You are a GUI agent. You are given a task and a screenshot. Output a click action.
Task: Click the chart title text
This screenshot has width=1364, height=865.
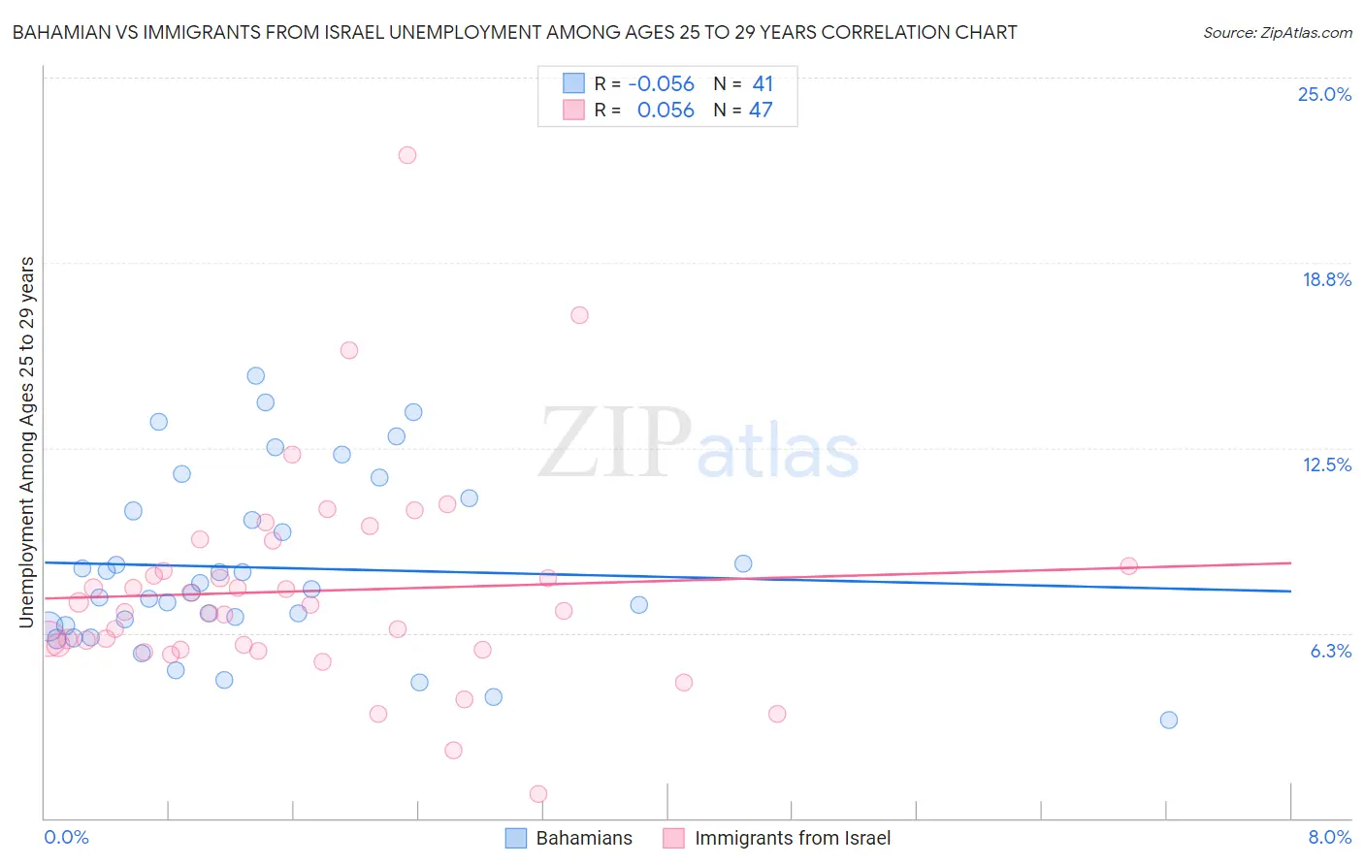click(x=514, y=32)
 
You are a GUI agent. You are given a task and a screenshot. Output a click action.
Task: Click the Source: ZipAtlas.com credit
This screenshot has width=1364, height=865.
click(x=1277, y=32)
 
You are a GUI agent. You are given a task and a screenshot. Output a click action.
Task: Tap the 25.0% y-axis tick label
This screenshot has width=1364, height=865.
click(x=1324, y=94)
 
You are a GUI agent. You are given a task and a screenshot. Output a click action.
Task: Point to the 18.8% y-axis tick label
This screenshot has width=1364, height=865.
click(x=1326, y=279)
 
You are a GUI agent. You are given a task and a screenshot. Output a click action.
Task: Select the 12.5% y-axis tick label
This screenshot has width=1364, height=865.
click(x=1326, y=465)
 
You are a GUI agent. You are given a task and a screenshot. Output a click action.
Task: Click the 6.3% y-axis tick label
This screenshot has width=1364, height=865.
click(x=1330, y=651)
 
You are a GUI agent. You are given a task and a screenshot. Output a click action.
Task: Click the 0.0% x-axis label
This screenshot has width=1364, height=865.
click(x=66, y=837)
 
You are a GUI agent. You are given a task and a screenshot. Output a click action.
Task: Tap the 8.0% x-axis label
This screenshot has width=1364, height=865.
click(x=1329, y=837)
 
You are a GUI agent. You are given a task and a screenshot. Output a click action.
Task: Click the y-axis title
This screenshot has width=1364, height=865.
click(x=27, y=442)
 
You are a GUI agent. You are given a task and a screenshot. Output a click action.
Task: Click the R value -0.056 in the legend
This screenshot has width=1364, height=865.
click(x=661, y=84)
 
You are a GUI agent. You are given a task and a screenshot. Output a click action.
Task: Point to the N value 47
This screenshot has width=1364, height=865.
click(x=761, y=110)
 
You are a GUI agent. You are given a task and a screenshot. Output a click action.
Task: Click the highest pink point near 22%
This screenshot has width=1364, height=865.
click(x=407, y=155)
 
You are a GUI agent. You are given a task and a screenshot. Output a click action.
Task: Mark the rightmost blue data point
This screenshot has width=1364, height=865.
click(x=1169, y=720)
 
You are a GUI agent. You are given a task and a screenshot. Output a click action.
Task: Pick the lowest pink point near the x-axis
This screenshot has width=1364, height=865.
click(x=538, y=793)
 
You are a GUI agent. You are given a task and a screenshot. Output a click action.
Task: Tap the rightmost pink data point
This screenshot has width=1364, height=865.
click(x=1128, y=566)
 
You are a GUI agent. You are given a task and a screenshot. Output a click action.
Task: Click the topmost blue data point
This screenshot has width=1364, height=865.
click(x=256, y=375)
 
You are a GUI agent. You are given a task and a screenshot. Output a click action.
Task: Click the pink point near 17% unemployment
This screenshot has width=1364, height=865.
click(x=579, y=315)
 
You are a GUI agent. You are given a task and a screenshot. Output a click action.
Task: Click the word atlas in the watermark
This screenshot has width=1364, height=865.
click(x=778, y=452)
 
